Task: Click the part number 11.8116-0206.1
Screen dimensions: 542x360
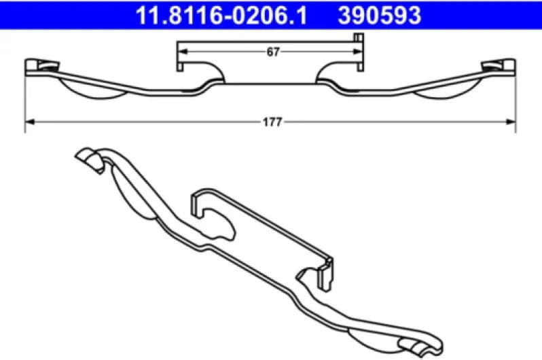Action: (221, 15)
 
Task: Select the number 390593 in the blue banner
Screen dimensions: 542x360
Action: (380, 15)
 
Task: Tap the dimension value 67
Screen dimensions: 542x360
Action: (273, 52)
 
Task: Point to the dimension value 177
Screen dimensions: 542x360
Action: (273, 122)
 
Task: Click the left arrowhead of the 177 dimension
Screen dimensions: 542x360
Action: (30, 122)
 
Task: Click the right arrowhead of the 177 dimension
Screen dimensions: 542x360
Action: (511, 122)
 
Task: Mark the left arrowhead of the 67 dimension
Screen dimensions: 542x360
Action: (182, 52)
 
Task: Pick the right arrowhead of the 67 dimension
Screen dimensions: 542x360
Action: (357, 52)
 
